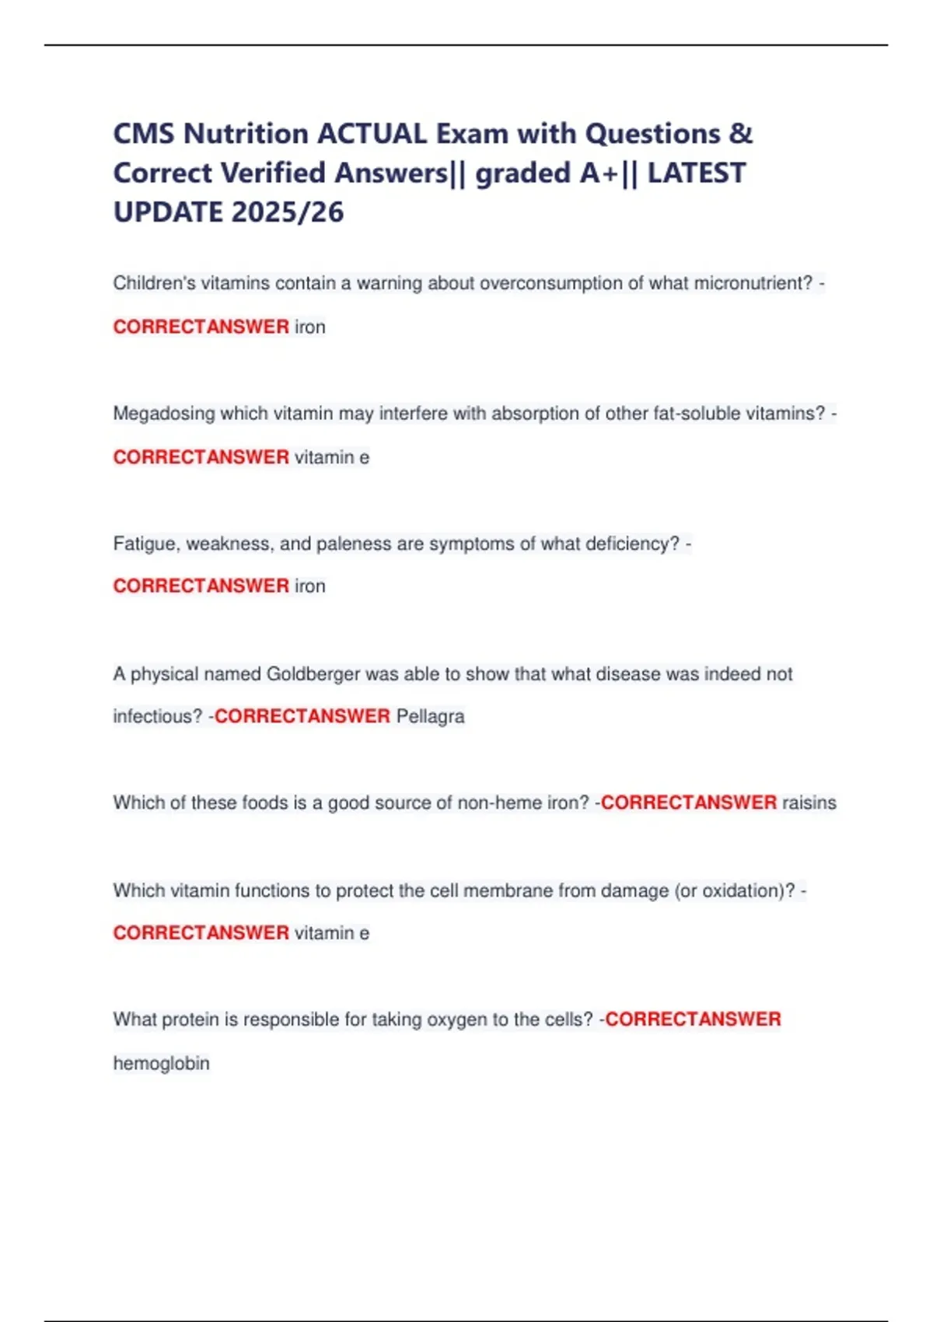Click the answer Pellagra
point(430,716)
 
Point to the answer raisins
point(809,803)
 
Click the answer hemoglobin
point(161,1063)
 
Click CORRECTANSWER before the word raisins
point(688,803)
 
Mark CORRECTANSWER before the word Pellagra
point(302,716)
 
